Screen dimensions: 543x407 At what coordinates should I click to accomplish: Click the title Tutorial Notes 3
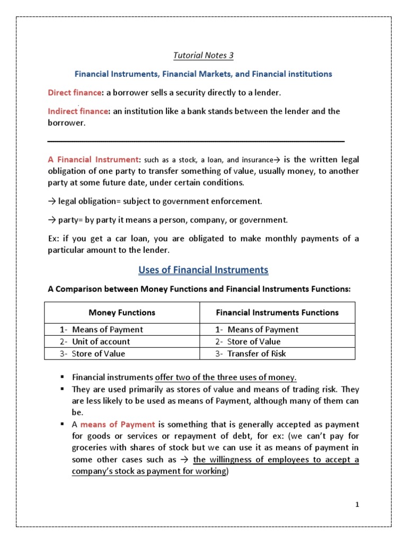[x=203, y=55]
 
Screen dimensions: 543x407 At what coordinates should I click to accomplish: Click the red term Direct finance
[x=74, y=93]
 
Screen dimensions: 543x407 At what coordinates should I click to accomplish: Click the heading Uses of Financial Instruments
[x=203, y=270]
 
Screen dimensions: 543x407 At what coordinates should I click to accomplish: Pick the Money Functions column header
[x=121, y=312]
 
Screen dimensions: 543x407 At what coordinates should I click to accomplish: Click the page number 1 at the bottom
[x=357, y=504]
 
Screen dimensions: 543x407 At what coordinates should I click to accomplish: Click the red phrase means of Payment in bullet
[x=118, y=424]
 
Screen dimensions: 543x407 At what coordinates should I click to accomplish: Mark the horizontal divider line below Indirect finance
[x=196, y=141]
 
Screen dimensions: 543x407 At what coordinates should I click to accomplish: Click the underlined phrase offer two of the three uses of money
[x=226, y=377]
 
